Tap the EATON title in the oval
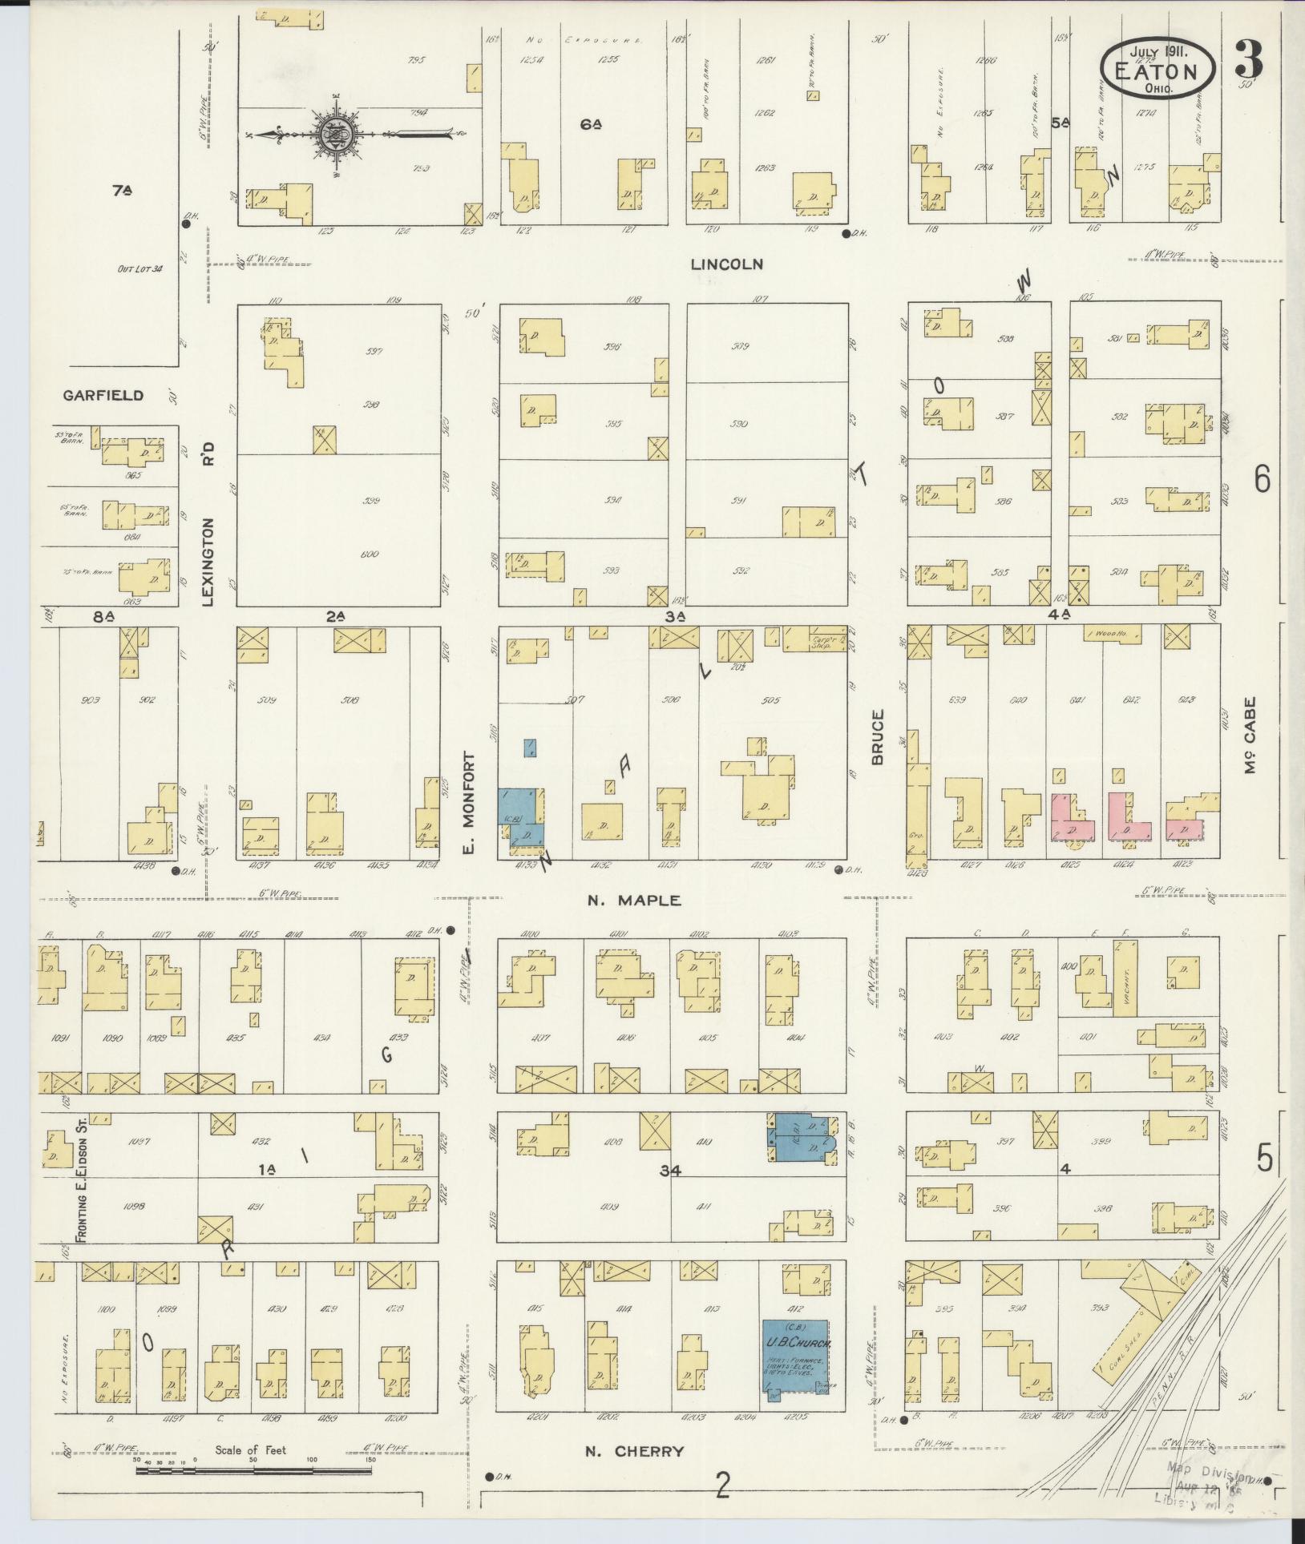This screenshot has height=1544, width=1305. (x=1155, y=71)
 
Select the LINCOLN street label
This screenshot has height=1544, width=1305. (x=729, y=264)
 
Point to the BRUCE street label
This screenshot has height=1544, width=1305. (x=877, y=736)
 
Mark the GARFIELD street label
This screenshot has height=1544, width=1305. (x=104, y=395)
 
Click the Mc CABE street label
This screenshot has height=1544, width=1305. (x=1250, y=735)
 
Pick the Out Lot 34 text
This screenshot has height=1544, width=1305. (x=139, y=269)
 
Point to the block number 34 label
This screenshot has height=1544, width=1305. (x=670, y=1171)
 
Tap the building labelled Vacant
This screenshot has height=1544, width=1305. (x=1125, y=978)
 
